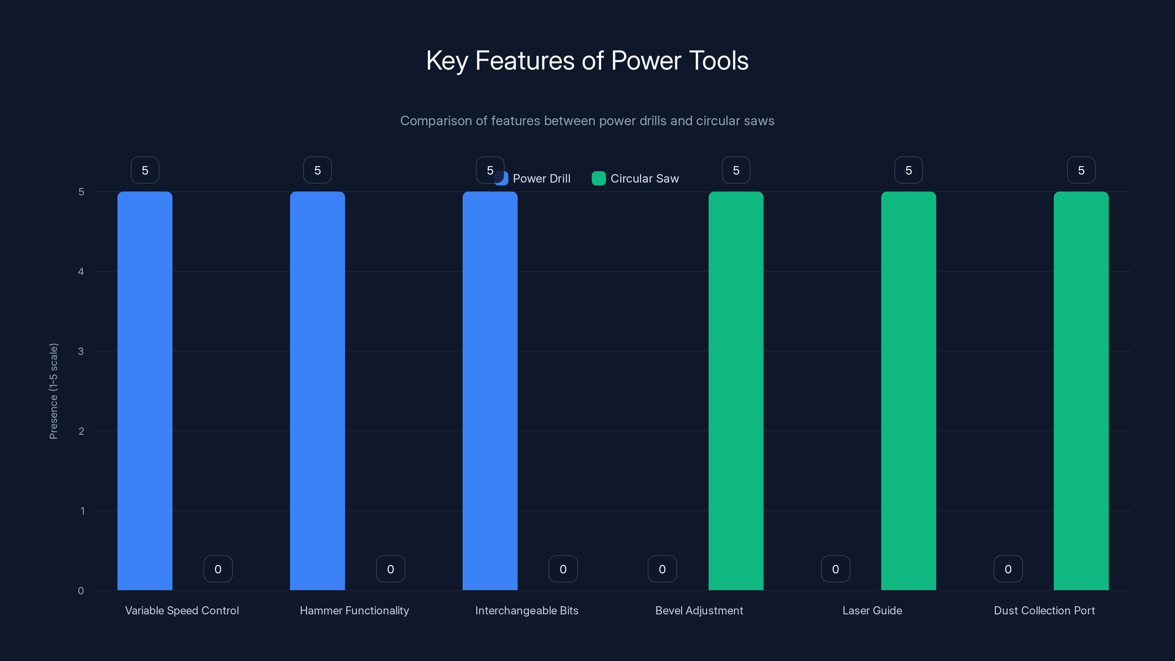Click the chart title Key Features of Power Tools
(x=587, y=61)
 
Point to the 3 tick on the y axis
(x=81, y=351)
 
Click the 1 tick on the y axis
(x=82, y=511)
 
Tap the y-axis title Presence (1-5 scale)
(x=53, y=391)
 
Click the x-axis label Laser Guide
(x=872, y=610)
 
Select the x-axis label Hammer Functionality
(x=354, y=610)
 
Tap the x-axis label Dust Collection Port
(x=1044, y=610)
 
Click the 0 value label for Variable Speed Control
(x=218, y=569)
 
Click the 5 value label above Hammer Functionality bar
(x=318, y=170)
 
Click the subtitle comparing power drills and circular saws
(x=587, y=121)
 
